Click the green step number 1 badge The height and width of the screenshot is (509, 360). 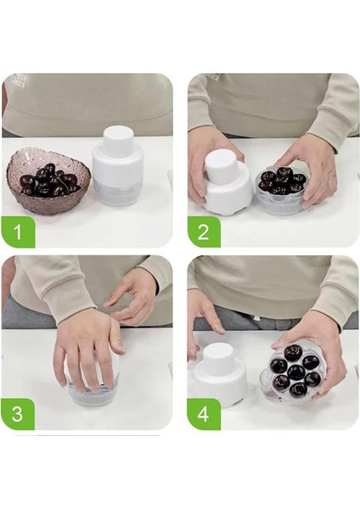18,232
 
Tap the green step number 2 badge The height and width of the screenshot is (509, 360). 204,232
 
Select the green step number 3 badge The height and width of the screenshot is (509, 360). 18,414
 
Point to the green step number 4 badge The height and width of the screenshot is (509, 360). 204,414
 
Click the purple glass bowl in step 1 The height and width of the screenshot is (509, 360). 47,184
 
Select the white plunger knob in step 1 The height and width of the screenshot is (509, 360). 117,139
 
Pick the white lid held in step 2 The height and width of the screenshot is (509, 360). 228,183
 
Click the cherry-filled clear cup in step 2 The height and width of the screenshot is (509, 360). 280,189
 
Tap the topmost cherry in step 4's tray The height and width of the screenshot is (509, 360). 292,354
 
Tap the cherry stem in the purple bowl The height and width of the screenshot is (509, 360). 64,182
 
